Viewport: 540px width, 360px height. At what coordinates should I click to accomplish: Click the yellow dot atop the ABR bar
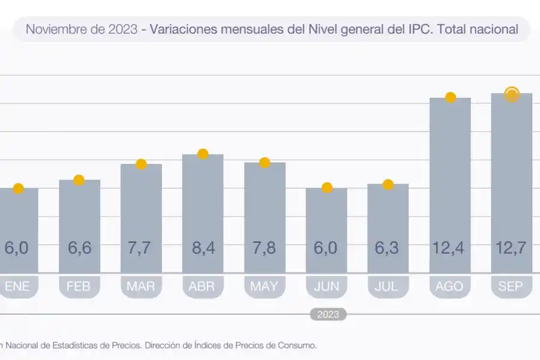point(203,154)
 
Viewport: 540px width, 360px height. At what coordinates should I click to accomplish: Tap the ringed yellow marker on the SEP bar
point(511,94)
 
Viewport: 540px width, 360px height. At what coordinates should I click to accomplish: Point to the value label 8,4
point(203,248)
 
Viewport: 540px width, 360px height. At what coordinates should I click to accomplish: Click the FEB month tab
point(79,287)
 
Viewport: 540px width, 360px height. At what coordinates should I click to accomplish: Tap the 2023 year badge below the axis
point(328,314)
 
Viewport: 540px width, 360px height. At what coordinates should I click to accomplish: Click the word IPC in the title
point(419,29)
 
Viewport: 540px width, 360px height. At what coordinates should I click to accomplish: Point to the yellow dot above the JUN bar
point(327,188)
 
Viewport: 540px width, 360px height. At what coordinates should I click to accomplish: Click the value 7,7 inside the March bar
point(141,248)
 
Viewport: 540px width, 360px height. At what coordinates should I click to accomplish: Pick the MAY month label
point(265,287)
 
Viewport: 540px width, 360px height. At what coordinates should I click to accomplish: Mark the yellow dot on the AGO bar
point(450,98)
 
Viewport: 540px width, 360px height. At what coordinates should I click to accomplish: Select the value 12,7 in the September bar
point(511,248)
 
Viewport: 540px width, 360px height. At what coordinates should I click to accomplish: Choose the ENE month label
point(18,287)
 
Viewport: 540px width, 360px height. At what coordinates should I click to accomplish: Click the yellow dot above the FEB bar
point(79,180)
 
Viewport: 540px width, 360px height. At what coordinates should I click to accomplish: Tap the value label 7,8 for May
point(265,248)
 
